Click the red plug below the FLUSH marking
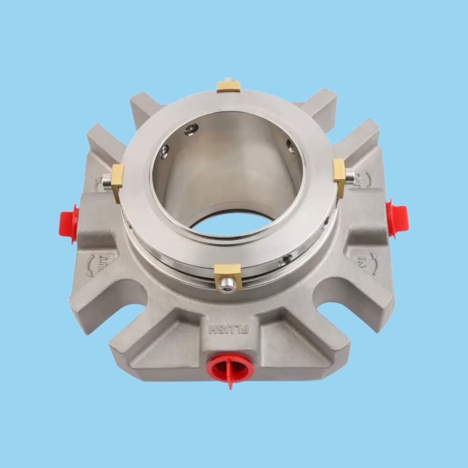[230, 367]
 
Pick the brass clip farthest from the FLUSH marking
[228, 86]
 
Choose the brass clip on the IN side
[339, 173]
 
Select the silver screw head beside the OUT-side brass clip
[107, 181]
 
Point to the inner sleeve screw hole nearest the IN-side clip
[291, 147]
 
